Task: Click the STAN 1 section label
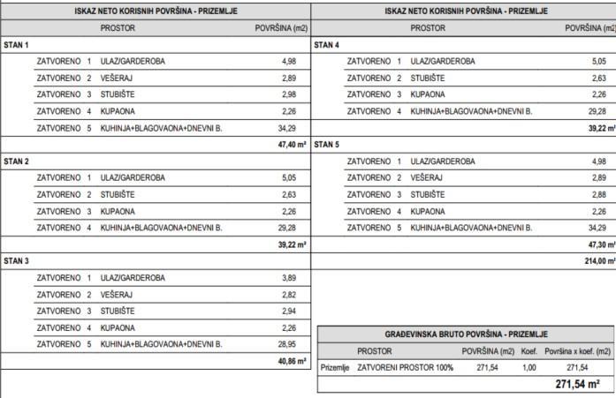[x=17, y=45]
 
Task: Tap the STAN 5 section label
[x=328, y=145]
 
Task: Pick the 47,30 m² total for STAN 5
[x=598, y=244]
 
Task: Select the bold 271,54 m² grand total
[x=577, y=384]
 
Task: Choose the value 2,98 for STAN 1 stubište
[x=289, y=94]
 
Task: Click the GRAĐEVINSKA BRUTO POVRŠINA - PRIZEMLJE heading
[x=466, y=334]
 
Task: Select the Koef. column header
[x=529, y=351]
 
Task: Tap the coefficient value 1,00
[x=529, y=367]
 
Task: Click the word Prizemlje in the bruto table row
[x=335, y=367]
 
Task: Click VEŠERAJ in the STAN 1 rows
[x=117, y=78]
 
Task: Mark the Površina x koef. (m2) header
[x=577, y=351]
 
